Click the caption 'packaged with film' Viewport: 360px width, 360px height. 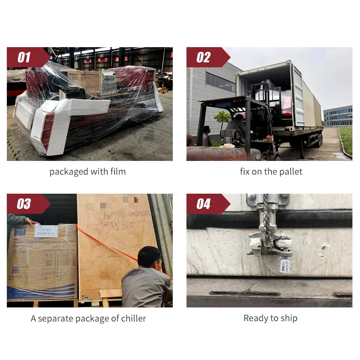coord(87,172)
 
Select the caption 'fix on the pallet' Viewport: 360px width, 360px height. coord(271,172)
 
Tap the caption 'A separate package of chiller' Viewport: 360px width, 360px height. coord(88,319)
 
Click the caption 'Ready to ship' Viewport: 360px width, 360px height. coord(270,318)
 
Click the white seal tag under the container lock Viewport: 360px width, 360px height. coord(285,266)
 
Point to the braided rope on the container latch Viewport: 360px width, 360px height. coord(266,223)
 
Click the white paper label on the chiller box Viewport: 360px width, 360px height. coord(46,231)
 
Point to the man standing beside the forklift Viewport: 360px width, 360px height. coord(207,136)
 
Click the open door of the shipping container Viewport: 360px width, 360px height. coord(298,95)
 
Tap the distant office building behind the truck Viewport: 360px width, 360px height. coord(337,116)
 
